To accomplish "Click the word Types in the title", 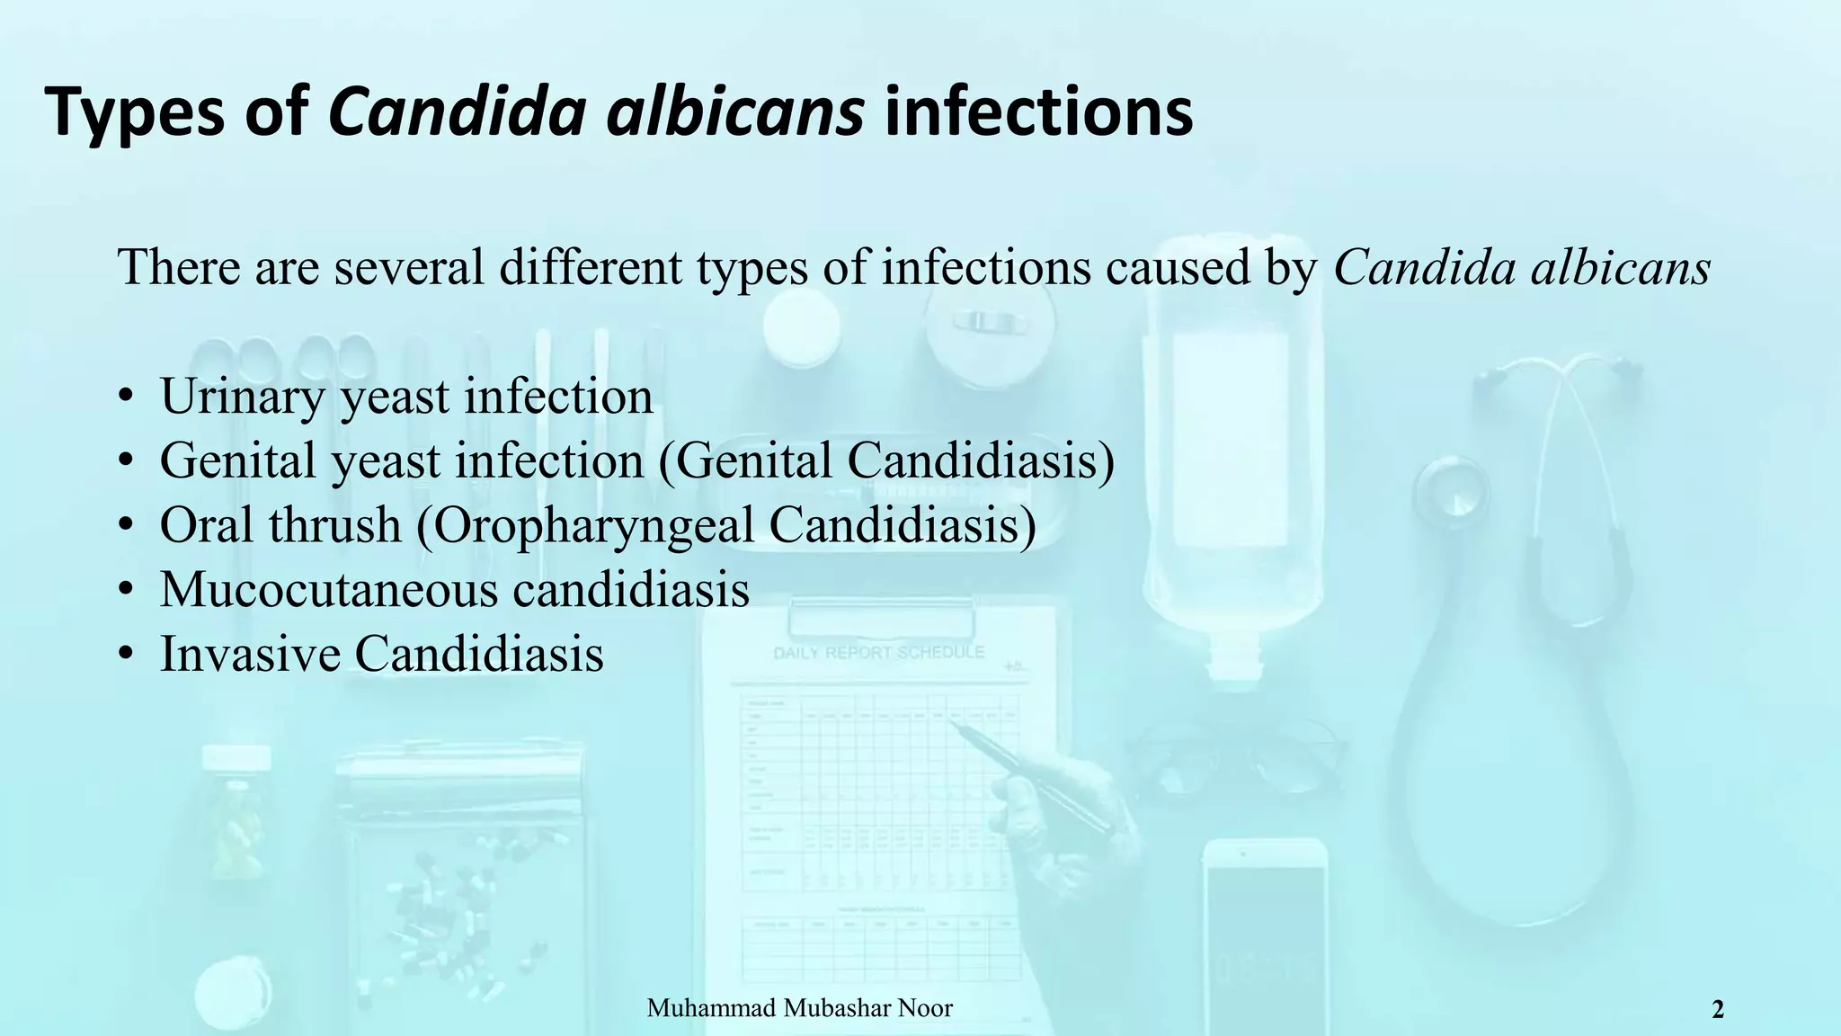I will click(x=134, y=112).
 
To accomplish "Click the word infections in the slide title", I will click(x=1038, y=112).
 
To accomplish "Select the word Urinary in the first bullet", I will click(x=242, y=397).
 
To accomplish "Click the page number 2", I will click(x=1717, y=1010).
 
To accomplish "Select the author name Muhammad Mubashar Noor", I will click(x=799, y=1008).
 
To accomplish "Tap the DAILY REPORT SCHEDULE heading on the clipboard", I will click(x=878, y=653).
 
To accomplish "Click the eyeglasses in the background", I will click(x=1236, y=755).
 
